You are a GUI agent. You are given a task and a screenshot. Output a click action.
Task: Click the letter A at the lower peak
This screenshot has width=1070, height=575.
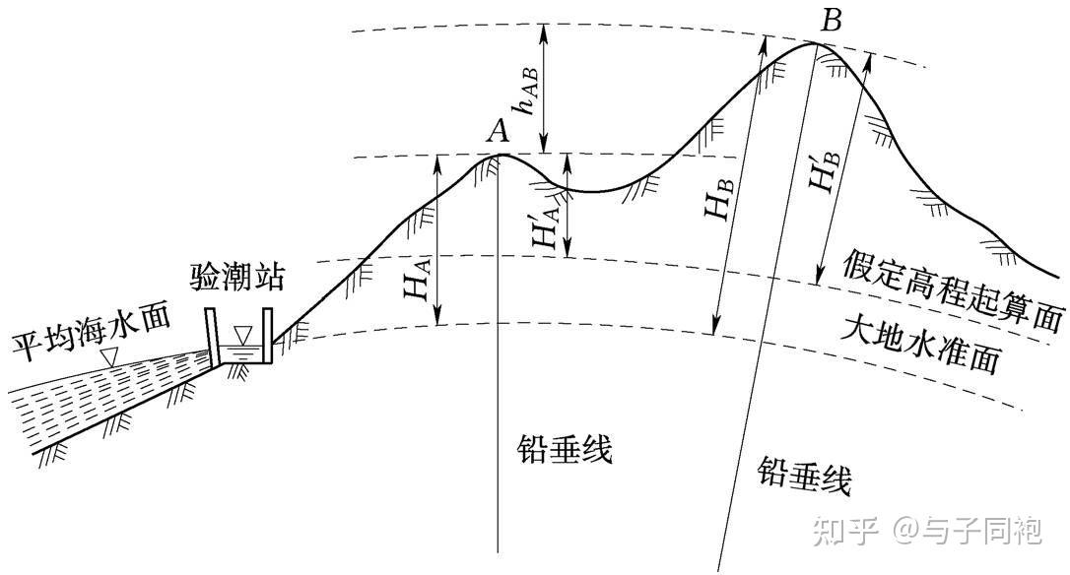499,130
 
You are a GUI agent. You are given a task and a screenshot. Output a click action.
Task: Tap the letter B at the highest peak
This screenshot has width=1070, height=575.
831,19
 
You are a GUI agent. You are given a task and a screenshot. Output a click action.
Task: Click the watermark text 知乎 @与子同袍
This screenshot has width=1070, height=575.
926,531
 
